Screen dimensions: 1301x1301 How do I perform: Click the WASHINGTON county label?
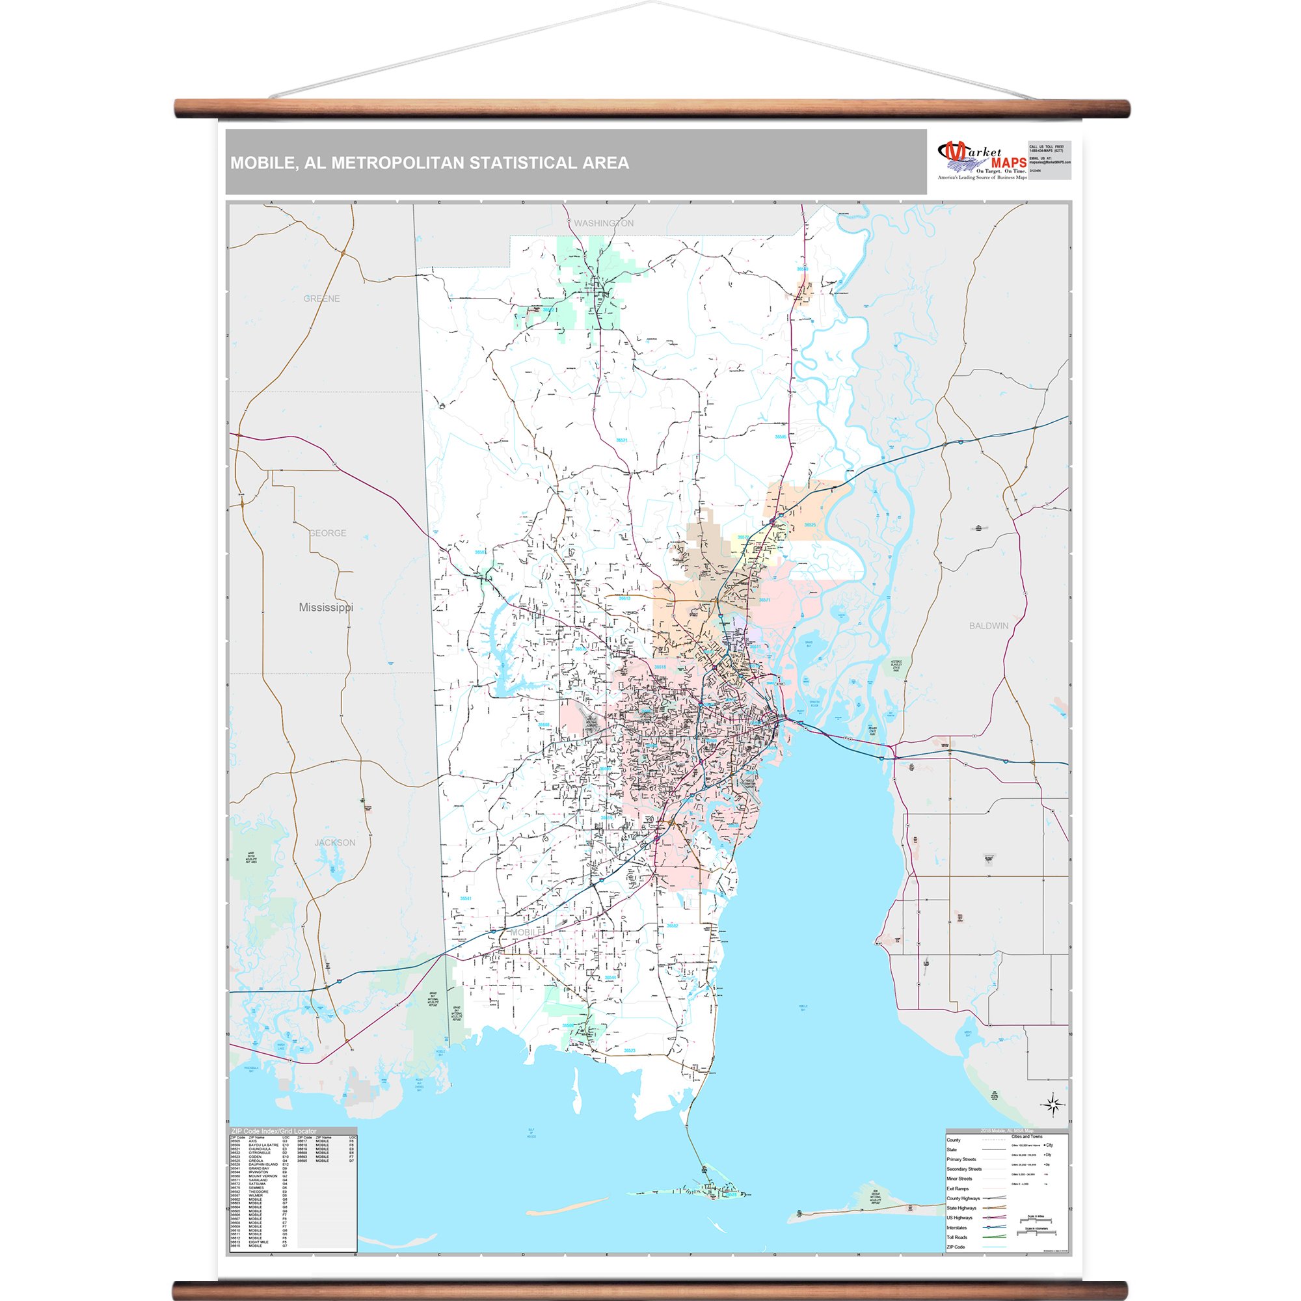coord(604,223)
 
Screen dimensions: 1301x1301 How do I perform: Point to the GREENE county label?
coord(321,299)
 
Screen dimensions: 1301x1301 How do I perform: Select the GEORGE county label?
coord(327,533)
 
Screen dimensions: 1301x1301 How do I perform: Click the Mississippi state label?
coord(326,608)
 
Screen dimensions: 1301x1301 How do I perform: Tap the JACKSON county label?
coord(334,842)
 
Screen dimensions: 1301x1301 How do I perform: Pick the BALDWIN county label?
coord(989,626)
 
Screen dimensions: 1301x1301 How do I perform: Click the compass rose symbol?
coord(1054,1105)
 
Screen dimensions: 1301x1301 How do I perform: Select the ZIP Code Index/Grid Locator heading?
coord(274,1131)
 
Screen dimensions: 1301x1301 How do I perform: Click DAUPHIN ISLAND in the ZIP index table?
coord(263,1164)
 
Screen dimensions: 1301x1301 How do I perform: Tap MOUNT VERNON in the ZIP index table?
coord(263,1175)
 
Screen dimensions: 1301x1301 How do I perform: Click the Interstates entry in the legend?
coord(957,1227)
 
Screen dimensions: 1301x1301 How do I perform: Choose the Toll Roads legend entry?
coord(957,1237)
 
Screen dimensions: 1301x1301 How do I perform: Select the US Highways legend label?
coord(959,1218)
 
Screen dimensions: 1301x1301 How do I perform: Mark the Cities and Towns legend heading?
coord(1027,1136)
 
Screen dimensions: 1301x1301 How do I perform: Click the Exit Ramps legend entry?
coord(958,1188)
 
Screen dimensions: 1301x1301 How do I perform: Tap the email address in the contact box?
coord(1050,162)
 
